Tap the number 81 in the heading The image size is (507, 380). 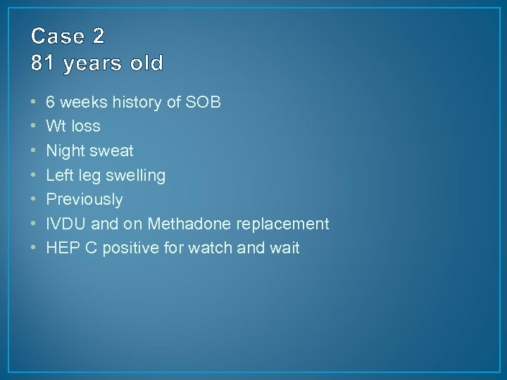pos(42,63)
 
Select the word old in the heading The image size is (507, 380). pos(146,63)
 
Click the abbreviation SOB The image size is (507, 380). pos(204,103)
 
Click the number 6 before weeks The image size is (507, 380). pos(51,103)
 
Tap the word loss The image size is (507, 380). pos(84,127)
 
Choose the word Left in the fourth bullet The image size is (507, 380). pos(59,175)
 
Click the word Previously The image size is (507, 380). pos(84,200)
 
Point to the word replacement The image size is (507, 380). pos(282,224)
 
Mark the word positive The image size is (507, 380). pos(128,248)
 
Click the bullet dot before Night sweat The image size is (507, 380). pos(35,151)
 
